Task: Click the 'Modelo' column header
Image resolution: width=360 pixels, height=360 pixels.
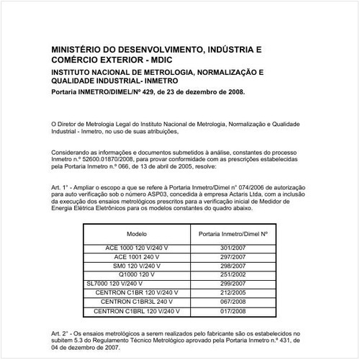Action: point(137,235)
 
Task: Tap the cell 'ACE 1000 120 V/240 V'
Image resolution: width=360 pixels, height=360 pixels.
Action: point(137,248)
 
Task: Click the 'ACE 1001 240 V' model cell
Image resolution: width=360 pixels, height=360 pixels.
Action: point(137,257)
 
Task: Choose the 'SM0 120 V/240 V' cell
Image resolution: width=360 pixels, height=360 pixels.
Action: point(137,266)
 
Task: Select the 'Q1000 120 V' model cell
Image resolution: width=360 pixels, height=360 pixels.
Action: point(137,275)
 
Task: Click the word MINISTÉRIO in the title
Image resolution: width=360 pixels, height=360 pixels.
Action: point(76,50)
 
